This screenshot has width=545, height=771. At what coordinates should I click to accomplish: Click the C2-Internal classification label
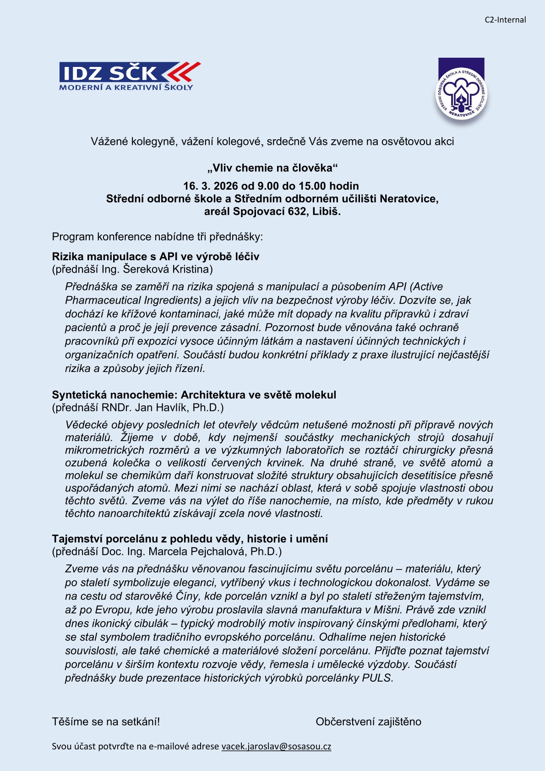point(505,20)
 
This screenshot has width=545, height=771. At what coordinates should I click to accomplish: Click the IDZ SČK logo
point(130,77)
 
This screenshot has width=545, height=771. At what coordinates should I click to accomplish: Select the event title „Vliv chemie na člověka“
point(272,168)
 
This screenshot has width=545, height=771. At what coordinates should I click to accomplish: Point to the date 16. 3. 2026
point(211,186)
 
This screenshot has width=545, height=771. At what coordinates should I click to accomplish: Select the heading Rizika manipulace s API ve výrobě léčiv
point(155,257)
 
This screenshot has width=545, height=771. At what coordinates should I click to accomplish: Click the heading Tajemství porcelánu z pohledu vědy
point(190,539)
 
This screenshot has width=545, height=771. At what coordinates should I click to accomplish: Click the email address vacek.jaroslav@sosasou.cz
point(276,746)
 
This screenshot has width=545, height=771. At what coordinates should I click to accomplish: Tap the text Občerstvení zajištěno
point(368,722)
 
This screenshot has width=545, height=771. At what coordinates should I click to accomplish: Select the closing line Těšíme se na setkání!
point(106,722)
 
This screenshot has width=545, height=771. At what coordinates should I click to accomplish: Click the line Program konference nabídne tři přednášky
point(157,237)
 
